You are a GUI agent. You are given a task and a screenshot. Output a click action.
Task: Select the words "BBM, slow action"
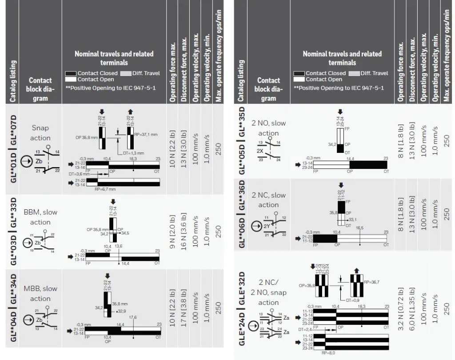(40, 217)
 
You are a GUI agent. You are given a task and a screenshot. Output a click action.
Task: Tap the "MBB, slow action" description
(40, 293)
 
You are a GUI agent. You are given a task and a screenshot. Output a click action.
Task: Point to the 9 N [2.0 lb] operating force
(172, 231)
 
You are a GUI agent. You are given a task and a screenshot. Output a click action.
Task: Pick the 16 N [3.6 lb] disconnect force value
(184, 231)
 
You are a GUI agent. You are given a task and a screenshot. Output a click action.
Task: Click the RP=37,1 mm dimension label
(146, 133)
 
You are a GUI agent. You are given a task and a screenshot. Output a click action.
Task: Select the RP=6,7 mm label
(103, 188)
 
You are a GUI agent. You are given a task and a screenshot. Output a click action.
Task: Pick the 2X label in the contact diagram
(260, 151)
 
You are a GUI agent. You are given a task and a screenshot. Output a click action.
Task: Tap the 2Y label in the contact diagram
(267, 226)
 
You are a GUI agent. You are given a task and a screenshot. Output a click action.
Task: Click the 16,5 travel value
(359, 228)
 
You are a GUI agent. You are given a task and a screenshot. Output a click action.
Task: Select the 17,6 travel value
(133, 317)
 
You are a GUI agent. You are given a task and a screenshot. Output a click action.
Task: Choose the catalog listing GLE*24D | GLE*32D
(242, 308)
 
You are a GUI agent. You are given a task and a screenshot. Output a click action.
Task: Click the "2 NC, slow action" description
(268, 200)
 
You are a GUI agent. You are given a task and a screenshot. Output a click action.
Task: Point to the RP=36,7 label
(372, 282)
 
